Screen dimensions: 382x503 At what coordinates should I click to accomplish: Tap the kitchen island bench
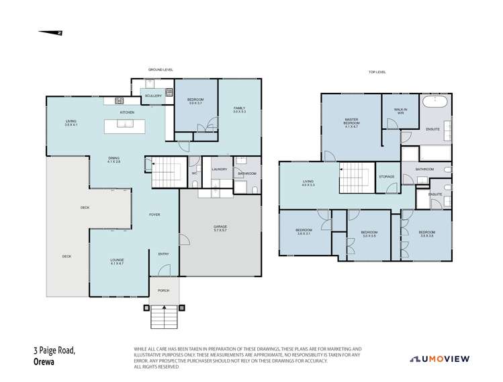pyautogui.click(x=126, y=123)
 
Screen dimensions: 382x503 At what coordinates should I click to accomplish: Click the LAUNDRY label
pyautogui.click(x=218, y=169)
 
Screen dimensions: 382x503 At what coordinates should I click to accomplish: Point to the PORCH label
pyautogui.click(x=163, y=291)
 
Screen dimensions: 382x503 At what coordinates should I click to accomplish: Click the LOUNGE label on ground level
pyautogui.click(x=117, y=261)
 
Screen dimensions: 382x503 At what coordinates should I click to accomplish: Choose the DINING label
pyautogui.click(x=113, y=160)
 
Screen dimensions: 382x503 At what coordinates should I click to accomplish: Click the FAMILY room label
pyautogui.click(x=239, y=110)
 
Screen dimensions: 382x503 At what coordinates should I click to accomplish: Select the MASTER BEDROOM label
pyautogui.click(x=352, y=122)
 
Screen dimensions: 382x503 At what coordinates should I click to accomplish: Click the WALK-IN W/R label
pyautogui.click(x=401, y=111)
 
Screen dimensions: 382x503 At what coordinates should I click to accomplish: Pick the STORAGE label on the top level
pyautogui.click(x=386, y=177)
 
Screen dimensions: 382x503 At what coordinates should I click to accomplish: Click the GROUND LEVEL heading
pyautogui.click(x=161, y=69)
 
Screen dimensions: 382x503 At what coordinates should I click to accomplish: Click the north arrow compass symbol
pyautogui.click(x=50, y=32)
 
